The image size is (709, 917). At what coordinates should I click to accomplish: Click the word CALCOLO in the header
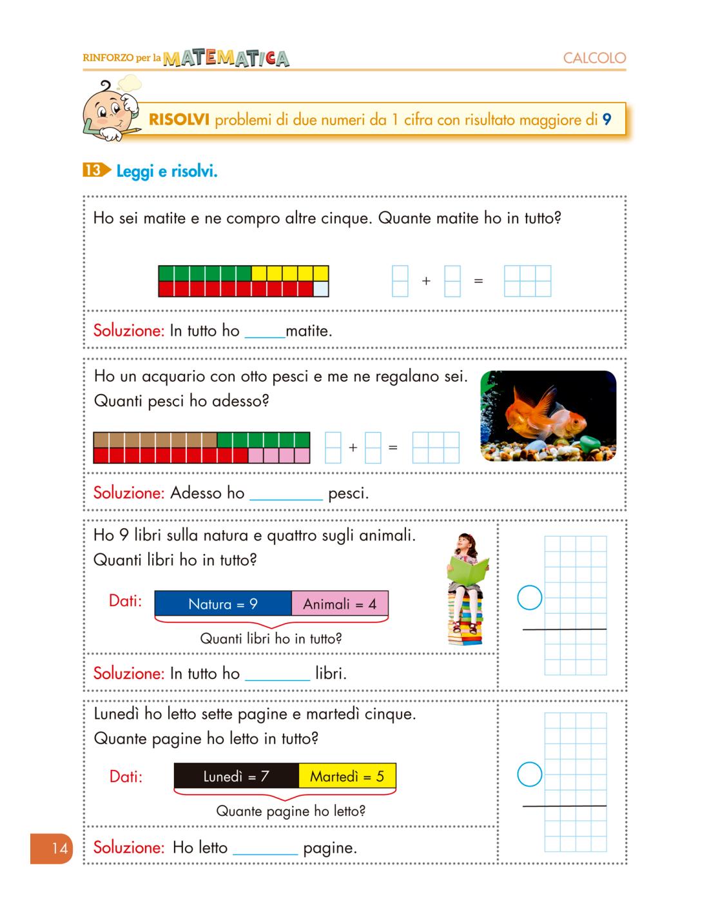tap(594, 58)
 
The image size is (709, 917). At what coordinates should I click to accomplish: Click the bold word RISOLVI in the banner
tap(179, 120)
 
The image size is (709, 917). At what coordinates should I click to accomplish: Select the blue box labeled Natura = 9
tap(223, 604)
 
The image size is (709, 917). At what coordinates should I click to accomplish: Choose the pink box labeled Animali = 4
tap(340, 604)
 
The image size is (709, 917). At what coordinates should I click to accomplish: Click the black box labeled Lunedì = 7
tap(236, 776)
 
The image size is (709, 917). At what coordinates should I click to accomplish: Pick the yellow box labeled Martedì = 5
tap(347, 776)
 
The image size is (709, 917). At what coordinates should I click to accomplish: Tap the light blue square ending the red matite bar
tap(321, 289)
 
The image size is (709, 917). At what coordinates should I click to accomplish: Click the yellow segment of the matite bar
tap(289, 273)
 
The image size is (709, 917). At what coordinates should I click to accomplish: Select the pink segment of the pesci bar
tap(279, 455)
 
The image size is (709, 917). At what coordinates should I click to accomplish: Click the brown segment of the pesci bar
tap(155, 440)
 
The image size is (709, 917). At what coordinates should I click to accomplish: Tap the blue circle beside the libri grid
tap(530, 598)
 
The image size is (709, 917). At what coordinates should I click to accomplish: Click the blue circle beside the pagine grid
tap(530, 774)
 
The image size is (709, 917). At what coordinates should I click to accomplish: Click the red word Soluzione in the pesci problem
tap(129, 493)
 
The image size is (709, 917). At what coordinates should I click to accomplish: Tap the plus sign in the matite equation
tap(426, 281)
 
